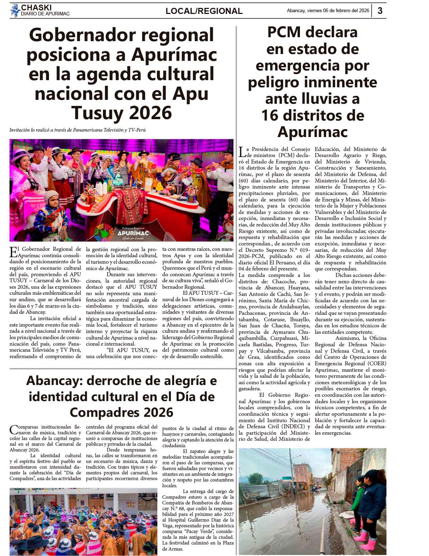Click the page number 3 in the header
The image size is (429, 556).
point(380,11)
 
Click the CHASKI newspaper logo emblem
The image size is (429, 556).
point(15,10)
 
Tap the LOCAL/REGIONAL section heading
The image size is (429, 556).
point(204,11)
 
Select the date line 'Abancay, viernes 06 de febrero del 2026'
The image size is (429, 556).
point(328,11)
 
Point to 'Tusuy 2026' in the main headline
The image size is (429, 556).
point(122,113)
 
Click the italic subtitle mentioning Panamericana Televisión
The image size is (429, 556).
point(78,130)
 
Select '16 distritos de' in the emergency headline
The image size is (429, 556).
point(312,115)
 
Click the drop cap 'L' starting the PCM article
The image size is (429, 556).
point(242,152)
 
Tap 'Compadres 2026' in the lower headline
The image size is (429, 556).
point(122,412)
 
